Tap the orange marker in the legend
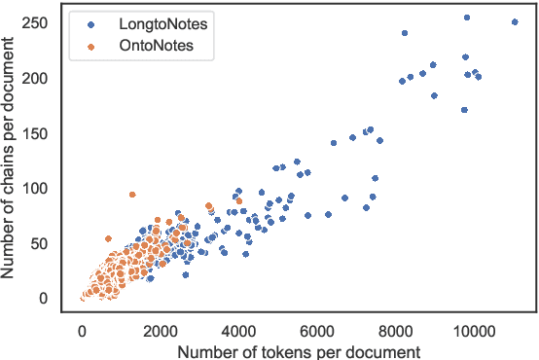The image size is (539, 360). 90,45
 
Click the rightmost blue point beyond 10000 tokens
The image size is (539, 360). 515,21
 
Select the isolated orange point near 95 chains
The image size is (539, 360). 132,194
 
